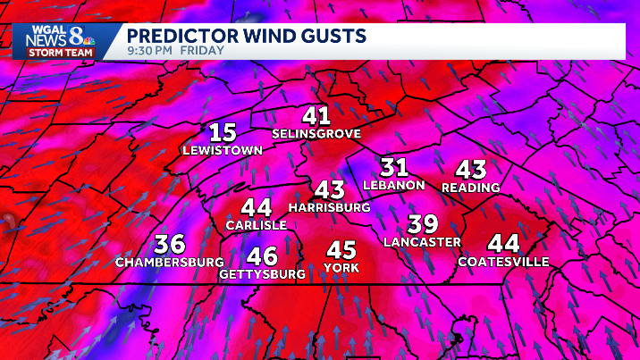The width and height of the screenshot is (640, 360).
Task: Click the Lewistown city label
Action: coord(223,151)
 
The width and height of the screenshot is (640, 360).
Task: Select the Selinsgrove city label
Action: coord(316,134)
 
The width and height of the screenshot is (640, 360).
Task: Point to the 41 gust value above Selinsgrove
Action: coord(316,115)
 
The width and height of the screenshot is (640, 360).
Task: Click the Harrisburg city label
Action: coord(329,207)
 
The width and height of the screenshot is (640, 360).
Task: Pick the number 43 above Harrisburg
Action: coord(329,189)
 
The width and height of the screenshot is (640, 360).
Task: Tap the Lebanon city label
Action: coord(394,185)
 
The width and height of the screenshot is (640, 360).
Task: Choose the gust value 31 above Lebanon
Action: coord(394,167)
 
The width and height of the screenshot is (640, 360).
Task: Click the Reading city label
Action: coord(470,188)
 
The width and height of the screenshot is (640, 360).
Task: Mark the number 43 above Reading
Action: coord(470,169)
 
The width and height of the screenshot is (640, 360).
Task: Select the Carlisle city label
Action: coord(256,225)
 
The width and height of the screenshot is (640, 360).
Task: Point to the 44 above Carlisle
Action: coord(256,207)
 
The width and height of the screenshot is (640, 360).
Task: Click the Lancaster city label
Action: coord(422,242)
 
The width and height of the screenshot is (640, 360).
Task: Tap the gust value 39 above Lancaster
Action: coord(422,224)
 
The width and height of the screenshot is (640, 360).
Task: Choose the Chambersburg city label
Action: coord(170,263)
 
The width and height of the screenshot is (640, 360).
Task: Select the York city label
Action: coord(341,268)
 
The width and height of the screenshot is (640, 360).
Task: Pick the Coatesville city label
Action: coord(503,262)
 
